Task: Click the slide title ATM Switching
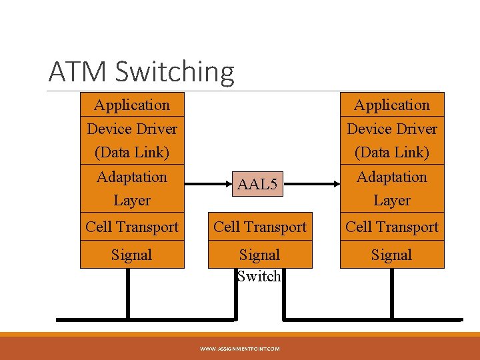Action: pos(141,71)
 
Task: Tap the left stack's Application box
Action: pos(132,105)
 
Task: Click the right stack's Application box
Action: pos(392,105)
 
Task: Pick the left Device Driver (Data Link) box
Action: pos(132,140)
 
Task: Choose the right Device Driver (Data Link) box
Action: pos(392,140)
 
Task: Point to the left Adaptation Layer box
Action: pos(132,188)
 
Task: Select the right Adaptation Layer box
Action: pos(392,188)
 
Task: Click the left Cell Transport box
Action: pos(132,227)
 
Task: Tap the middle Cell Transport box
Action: pos(260,227)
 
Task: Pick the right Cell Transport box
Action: pos(392,227)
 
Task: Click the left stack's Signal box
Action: pos(132,255)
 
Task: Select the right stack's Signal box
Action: pos(392,255)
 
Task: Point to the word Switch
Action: pos(260,276)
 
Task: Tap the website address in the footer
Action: pos(240,348)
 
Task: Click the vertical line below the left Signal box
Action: pos(128,293)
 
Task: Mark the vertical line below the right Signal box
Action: pos(391,293)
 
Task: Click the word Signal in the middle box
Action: pos(260,255)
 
